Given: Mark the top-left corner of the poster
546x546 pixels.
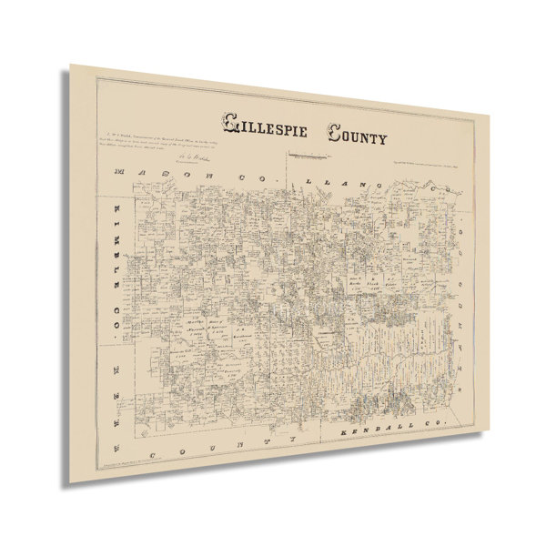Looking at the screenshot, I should pyautogui.click(x=72, y=65).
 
